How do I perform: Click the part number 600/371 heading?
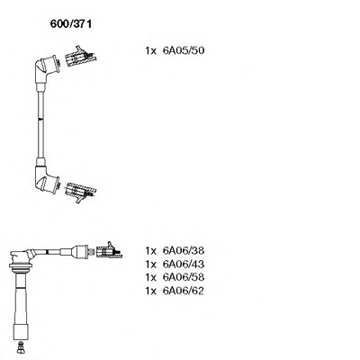coord(71,24)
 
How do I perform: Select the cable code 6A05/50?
coord(184,50)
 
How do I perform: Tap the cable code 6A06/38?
coord(184,250)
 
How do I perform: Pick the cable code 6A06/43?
coord(184,264)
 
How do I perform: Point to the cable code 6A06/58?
coord(184,277)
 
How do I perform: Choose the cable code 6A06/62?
coord(184,291)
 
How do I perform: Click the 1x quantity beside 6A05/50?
coord(151,50)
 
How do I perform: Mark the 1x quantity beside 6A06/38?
coord(151,250)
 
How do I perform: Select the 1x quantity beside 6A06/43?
coord(151,265)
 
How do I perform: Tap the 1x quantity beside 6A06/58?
coord(151,277)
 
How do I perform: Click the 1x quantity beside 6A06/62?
coord(151,291)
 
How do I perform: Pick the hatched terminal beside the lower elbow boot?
coord(80,192)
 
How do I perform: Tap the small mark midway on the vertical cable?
coord(40,119)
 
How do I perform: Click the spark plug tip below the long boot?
coord(21,347)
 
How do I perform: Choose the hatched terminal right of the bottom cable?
coord(109,251)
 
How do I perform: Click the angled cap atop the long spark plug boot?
coord(22,257)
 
